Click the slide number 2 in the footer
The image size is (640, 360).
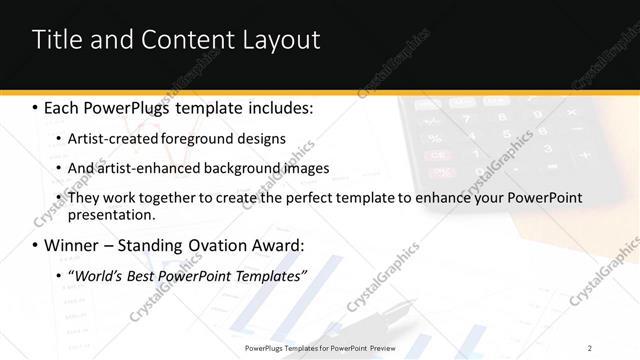coord(590,347)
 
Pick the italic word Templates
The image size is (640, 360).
coord(269,275)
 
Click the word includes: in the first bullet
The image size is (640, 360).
coord(277,106)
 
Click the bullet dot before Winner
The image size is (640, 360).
coord(36,245)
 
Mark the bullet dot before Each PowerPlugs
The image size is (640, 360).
coord(36,106)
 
